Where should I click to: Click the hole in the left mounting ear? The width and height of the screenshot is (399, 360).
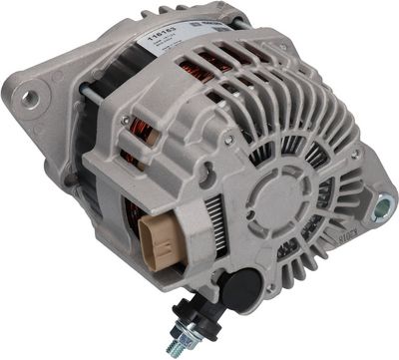pos(31,98)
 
